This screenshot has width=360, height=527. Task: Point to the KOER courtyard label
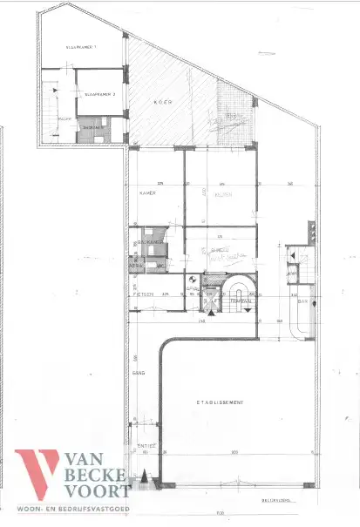tap(161, 101)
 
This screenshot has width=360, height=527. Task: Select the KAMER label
tap(146, 194)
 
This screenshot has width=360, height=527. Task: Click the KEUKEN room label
tap(222, 196)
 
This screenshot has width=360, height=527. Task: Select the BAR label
tap(303, 301)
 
